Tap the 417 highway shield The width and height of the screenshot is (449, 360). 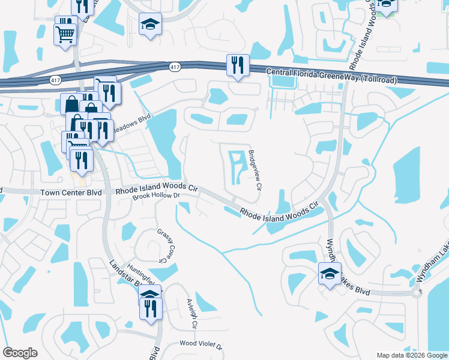(174, 67)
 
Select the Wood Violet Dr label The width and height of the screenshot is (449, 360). (202, 346)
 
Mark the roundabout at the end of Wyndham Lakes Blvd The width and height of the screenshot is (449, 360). (415, 293)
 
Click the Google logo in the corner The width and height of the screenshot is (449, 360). (20, 353)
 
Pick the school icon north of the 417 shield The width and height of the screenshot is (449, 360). (150, 25)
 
